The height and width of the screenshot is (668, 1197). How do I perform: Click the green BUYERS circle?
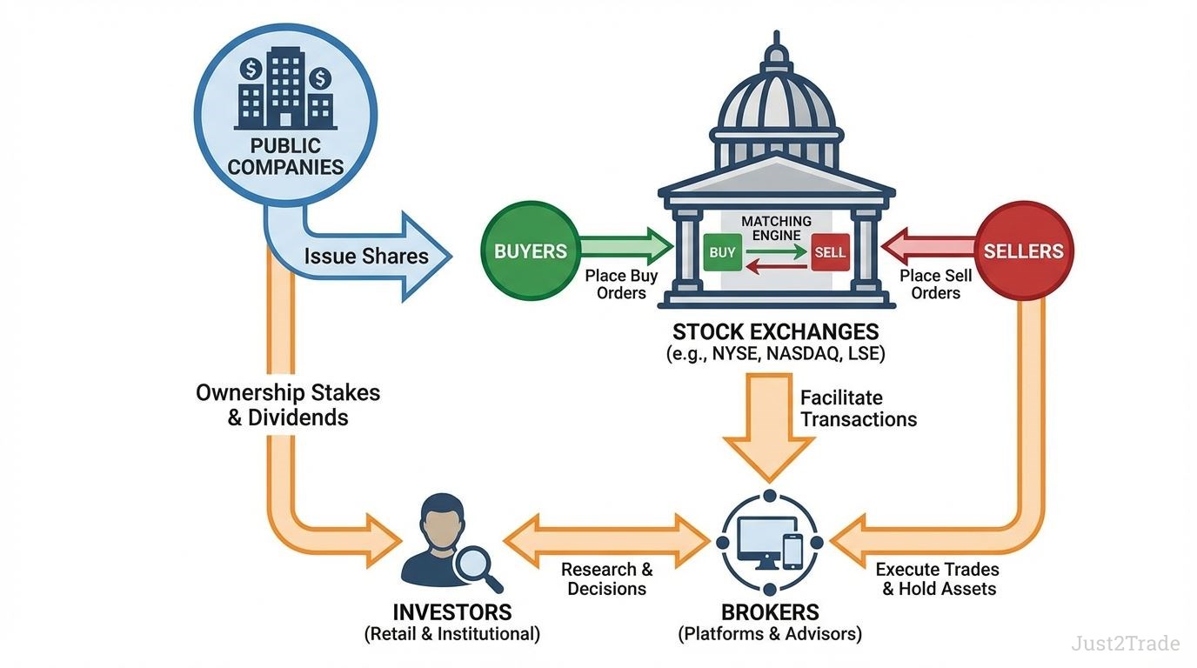pyautogui.click(x=531, y=252)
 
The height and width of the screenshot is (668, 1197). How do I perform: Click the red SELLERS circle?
pyautogui.click(x=1024, y=251)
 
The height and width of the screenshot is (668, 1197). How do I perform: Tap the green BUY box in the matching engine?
pyautogui.click(x=722, y=253)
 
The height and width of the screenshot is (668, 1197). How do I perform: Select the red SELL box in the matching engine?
pyautogui.click(x=830, y=253)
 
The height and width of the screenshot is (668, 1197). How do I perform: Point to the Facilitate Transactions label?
pyautogui.click(x=859, y=409)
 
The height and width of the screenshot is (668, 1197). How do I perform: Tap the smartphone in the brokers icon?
pyautogui.click(x=792, y=549)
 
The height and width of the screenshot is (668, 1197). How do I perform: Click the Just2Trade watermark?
pyautogui.click(x=1126, y=644)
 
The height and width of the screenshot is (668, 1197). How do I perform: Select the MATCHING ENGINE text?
pyautogui.click(x=776, y=229)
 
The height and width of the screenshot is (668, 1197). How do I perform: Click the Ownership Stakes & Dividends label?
pyautogui.click(x=288, y=404)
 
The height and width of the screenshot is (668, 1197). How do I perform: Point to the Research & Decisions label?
pyautogui.click(x=606, y=579)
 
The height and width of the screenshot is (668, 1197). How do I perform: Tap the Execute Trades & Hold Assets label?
pyautogui.click(x=938, y=579)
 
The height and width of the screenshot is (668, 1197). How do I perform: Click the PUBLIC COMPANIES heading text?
pyautogui.click(x=285, y=156)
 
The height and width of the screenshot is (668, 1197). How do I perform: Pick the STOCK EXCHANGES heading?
pyautogui.click(x=776, y=331)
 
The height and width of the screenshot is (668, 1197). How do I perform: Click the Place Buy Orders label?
pyautogui.click(x=621, y=284)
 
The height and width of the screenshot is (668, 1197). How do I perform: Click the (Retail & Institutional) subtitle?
pyautogui.click(x=451, y=634)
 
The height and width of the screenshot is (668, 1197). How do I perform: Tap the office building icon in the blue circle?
pyautogui.click(x=285, y=87)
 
